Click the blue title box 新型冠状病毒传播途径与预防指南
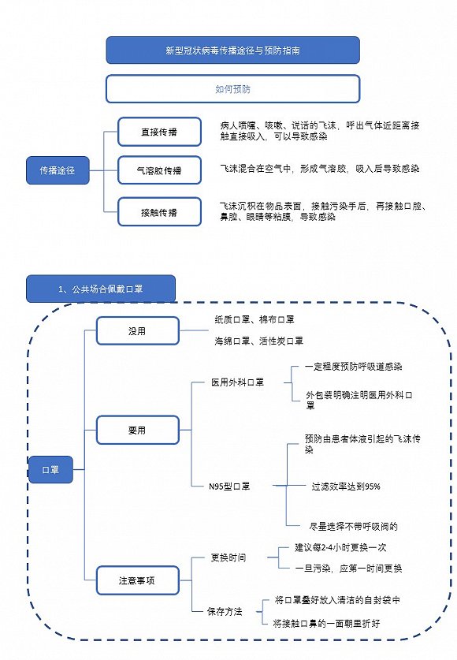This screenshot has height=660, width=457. pos(232,50)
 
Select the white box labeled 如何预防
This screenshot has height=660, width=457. pos(232,89)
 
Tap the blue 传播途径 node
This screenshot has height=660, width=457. pos(57,170)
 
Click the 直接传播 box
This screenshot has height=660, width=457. pos(159,132)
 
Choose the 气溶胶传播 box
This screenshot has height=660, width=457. pos(159,170)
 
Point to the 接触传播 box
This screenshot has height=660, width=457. pos(159,211)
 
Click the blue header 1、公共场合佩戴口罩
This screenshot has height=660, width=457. pos(100,289)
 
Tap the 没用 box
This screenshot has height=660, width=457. pos(137,330)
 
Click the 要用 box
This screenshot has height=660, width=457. pos(137,431)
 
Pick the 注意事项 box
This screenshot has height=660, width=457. pos(137,580)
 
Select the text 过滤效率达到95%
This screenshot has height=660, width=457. pos(346,487)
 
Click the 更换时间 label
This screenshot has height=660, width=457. pos(228,557)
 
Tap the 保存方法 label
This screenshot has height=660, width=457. pos(225,611)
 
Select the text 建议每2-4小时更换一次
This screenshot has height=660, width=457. pos(340,546)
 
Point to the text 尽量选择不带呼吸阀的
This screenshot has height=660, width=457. pos(353,525)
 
